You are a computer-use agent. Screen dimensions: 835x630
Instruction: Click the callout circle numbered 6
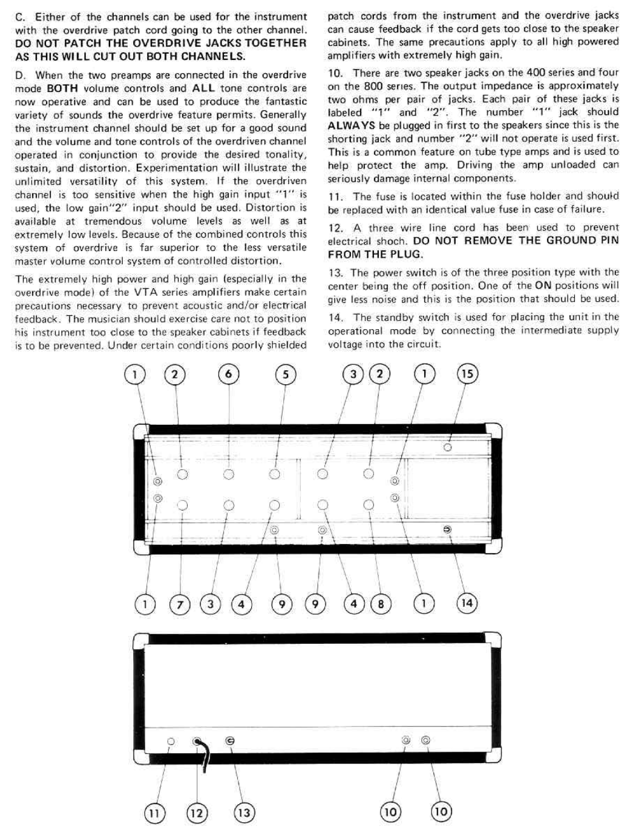point(228,375)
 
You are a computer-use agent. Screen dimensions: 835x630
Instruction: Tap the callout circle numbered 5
point(286,375)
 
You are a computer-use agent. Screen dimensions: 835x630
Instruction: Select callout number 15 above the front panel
point(467,374)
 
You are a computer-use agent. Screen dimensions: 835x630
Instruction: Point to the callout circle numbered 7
point(180,604)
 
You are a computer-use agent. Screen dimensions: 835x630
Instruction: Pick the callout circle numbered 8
point(381,604)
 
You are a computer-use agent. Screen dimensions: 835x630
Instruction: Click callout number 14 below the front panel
point(467,603)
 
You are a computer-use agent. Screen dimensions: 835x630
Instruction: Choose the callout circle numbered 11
point(154,813)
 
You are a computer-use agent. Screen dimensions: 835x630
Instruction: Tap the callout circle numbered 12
point(197,813)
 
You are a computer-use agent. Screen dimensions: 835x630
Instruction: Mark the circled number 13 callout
point(243,812)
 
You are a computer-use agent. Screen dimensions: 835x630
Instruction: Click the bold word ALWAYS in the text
point(352,125)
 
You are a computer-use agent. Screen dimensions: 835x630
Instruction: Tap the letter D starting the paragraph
point(19,76)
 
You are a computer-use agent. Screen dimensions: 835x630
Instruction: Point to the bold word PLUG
point(405,254)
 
